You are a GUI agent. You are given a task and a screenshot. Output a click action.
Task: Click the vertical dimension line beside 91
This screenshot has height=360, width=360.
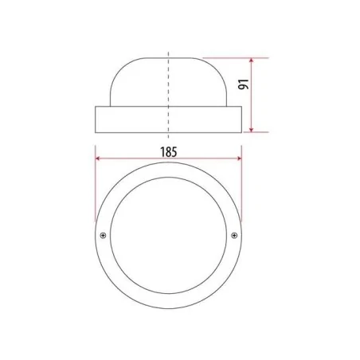[252, 100]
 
